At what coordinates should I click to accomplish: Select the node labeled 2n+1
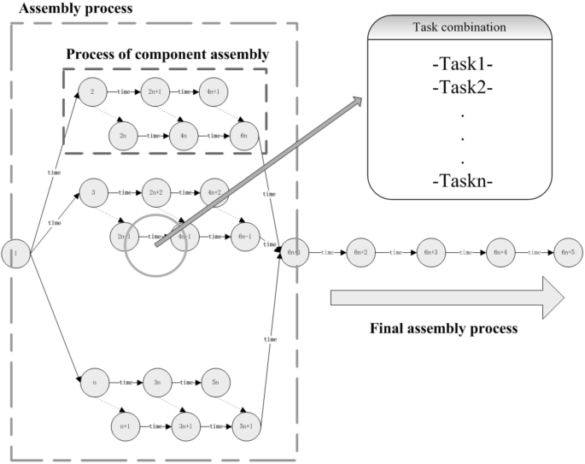(x=155, y=91)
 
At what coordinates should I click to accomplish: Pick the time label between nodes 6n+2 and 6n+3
(x=396, y=254)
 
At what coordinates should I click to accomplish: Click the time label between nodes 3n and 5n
(x=184, y=382)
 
